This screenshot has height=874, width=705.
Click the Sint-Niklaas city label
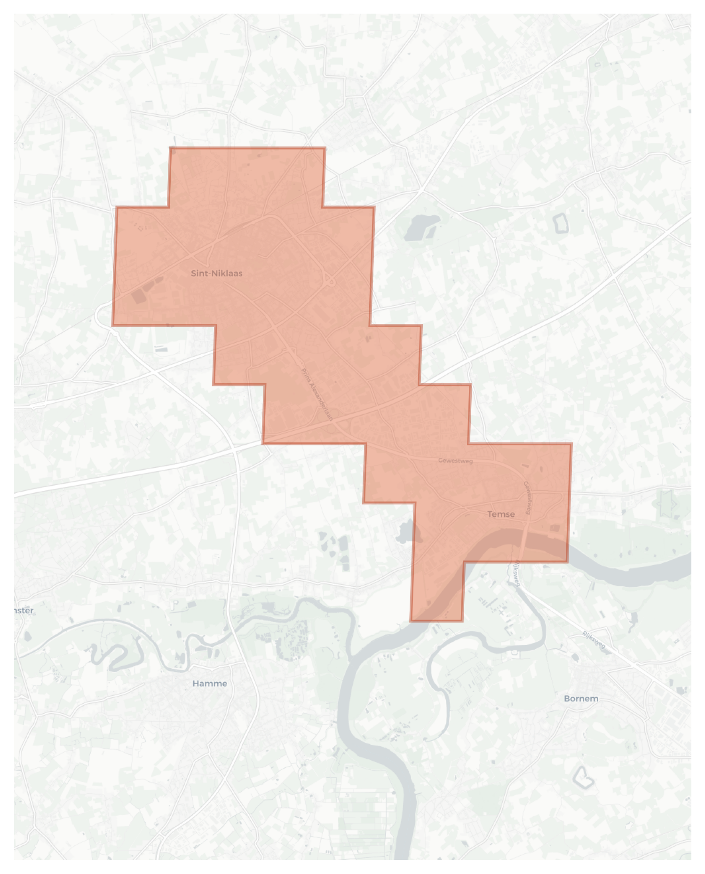coord(216,273)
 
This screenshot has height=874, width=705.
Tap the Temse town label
coord(501,514)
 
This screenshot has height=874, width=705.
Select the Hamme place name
coord(210,683)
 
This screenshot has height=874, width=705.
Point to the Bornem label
coord(581,698)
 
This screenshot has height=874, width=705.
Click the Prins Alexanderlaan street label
coord(317,394)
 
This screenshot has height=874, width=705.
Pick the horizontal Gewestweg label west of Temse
coord(455,460)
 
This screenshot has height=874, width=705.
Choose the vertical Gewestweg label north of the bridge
coord(529,497)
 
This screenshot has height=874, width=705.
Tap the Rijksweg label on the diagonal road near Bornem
coord(594,640)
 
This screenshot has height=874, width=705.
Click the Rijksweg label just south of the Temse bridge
coord(517,573)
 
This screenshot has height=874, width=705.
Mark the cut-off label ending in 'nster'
coord(24,610)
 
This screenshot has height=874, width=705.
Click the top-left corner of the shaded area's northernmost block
coord(170,148)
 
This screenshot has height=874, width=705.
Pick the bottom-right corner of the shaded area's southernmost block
coord(462,621)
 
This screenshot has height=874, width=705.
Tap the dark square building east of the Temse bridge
coord(555,528)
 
